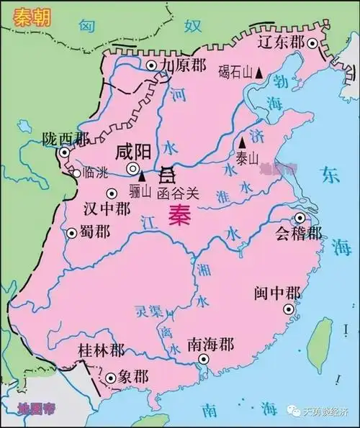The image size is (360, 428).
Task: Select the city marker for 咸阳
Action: click(134, 168)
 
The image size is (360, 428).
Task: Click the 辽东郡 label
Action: click(284, 41)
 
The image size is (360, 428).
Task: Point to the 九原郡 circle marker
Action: click(151, 65)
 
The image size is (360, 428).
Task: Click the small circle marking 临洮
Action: click(77, 173)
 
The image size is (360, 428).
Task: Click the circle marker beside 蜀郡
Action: click(71, 233)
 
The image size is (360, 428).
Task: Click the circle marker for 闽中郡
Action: click(289, 309)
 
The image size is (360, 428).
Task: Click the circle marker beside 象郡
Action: click(110, 377)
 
